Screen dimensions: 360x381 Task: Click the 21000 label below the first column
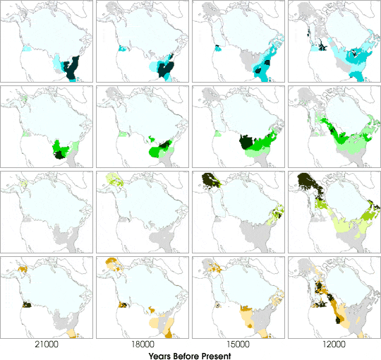47,345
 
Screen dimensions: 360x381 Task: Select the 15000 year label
237,345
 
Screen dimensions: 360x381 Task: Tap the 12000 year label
332,345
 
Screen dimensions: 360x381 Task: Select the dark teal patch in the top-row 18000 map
167,68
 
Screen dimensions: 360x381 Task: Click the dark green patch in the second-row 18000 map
167,145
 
